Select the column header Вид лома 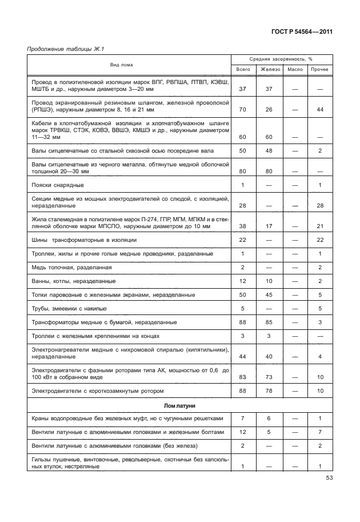tap(121, 65)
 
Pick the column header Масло tap(295, 69)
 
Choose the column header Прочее tap(319, 69)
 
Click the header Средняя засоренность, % tap(281, 59)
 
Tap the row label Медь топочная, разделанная tap(71, 268)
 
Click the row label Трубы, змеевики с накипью tap(71, 309)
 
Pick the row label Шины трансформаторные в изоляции tap(84, 240)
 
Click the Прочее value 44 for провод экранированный tap(320, 109)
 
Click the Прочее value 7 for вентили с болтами tap(320, 432)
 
